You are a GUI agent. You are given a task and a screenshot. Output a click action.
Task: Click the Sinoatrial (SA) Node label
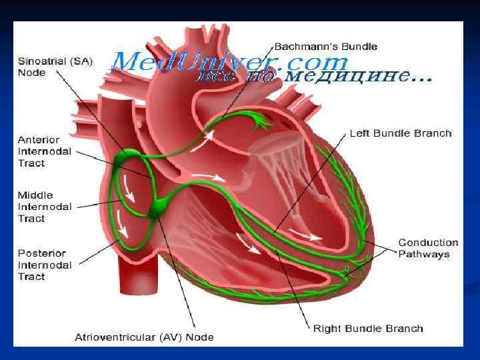55,65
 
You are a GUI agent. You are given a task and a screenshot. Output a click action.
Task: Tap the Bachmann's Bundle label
326,47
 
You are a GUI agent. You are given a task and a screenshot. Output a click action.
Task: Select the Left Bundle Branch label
401,133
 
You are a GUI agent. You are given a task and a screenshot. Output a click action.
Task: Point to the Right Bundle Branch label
368,328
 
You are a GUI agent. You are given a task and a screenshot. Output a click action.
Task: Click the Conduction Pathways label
428,248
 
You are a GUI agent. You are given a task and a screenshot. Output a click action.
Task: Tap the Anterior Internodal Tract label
41,151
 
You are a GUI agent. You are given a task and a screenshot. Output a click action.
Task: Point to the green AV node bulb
161,207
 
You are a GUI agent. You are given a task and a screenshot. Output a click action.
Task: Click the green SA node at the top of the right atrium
127,159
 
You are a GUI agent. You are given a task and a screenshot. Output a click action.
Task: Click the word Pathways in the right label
424,254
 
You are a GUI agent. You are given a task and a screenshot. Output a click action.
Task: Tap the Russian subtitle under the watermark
313,77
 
